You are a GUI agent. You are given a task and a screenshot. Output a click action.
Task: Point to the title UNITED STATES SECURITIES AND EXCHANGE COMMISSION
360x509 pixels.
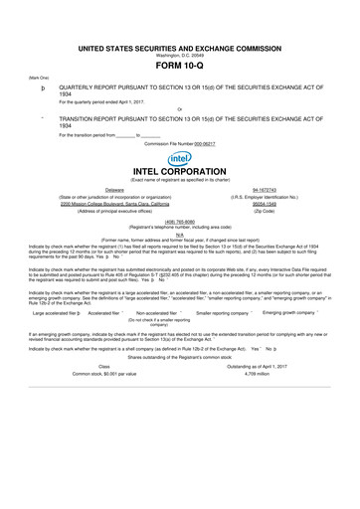pos(180,47)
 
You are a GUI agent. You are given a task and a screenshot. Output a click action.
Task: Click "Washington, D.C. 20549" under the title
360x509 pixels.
pos(180,55)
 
